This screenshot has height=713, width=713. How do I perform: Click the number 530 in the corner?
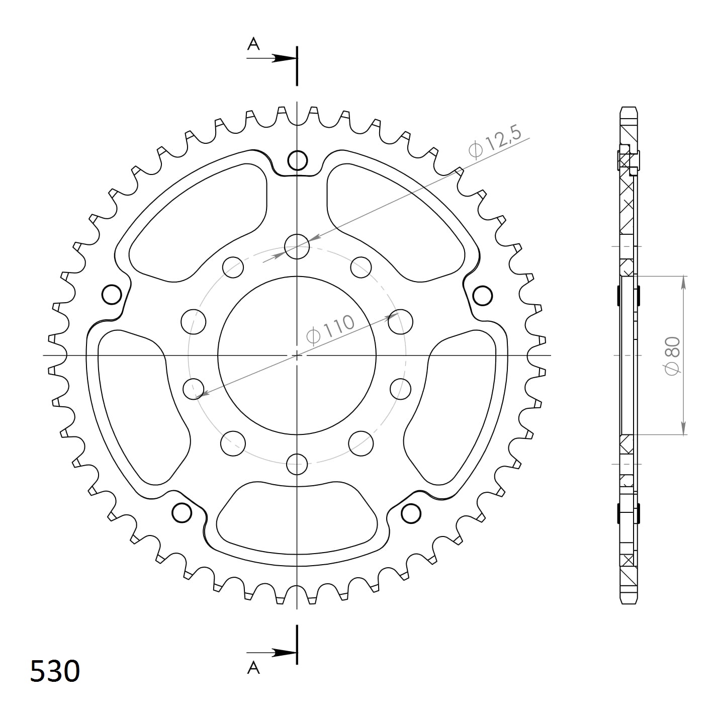pos(55,671)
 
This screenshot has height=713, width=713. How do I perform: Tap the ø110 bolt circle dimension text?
pos(330,329)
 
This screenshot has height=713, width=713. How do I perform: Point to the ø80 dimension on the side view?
pos(673,355)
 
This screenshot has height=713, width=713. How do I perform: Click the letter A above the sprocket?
pos(253,44)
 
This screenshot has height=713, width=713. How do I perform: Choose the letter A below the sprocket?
pos(253,667)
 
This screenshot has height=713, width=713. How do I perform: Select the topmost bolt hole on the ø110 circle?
pos(297,246)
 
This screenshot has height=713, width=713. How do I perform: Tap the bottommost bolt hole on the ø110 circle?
pos(297,464)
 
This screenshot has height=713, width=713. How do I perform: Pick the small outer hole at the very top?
pos(297,160)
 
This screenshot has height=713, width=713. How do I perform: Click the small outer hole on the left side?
pos(112,295)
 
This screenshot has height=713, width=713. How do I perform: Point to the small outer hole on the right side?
pos(482,295)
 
